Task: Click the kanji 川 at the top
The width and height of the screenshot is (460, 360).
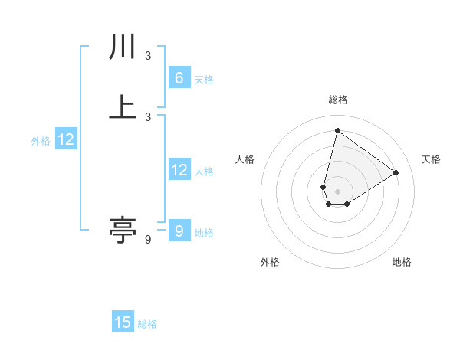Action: click(122, 47)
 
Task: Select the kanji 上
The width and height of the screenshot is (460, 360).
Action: click(122, 106)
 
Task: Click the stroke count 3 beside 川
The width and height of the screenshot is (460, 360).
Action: click(148, 56)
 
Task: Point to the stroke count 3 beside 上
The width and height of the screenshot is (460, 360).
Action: click(148, 116)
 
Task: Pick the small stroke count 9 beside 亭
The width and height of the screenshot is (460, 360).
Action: click(148, 240)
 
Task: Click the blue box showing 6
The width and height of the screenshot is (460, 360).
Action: click(179, 77)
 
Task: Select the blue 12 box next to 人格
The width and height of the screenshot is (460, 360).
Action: click(179, 171)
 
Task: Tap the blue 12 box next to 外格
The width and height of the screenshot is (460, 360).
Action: click(66, 139)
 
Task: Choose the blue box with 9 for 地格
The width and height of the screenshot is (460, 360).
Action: click(179, 229)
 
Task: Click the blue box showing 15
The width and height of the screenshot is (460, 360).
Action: click(123, 322)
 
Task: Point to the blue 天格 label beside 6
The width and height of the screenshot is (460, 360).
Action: click(204, 79)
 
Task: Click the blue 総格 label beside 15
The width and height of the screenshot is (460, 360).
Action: click(147, 324)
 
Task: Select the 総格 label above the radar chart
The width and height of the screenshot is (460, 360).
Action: click(337, 100)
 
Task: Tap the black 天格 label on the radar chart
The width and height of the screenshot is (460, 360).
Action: click(431, 159)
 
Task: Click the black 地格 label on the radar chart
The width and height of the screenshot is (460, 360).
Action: click(402, 262)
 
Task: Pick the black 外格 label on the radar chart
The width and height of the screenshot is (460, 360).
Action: click(270, 262)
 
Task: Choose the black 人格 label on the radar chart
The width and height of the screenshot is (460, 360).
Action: click(245, 159)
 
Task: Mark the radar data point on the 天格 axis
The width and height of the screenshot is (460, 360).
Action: click(396, 172)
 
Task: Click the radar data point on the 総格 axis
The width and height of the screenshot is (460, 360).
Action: click(337, 130)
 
